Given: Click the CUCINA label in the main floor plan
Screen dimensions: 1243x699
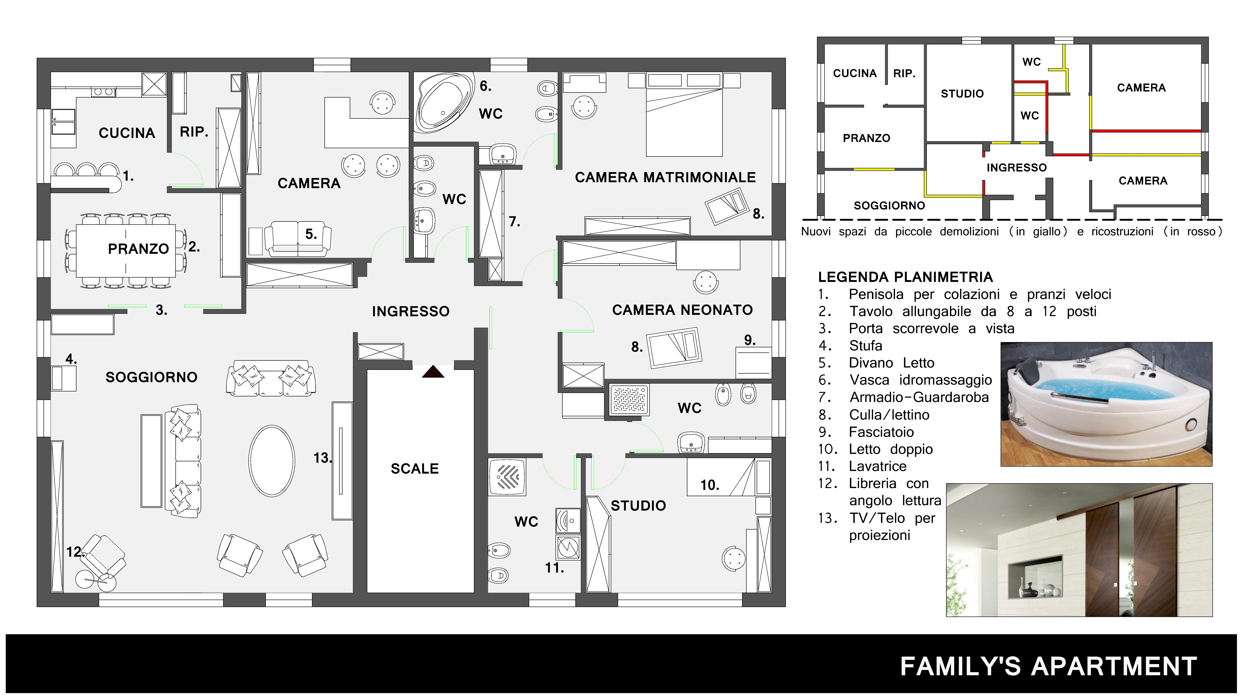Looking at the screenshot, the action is pos(127,133).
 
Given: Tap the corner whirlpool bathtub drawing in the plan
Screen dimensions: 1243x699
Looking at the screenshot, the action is pos(443,102).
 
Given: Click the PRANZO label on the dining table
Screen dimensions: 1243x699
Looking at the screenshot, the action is pos(138,249).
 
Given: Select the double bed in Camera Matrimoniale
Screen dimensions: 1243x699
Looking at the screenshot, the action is pos(684,115).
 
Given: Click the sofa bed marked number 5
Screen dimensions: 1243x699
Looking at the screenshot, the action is pos(298,238).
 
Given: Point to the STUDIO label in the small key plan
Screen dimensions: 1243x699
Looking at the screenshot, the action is pos(962,94).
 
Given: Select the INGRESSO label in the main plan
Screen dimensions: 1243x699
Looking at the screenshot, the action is pos(411,312).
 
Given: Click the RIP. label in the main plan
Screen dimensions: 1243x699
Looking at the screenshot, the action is pos(194,132).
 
